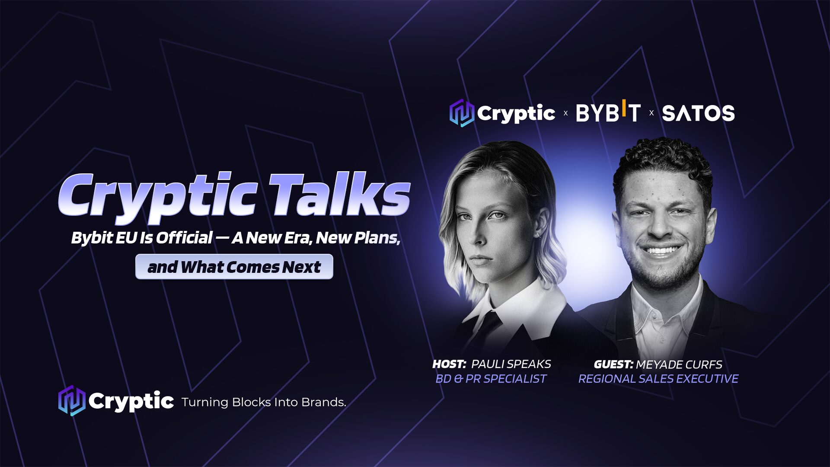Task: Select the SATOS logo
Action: click(698, 113)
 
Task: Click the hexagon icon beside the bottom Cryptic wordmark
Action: click(72, 401)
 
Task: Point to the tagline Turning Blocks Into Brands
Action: click(264, 402)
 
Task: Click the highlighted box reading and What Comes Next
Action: click(234, 267)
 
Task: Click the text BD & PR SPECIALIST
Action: click(491, 379)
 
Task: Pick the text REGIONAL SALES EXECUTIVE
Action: click(658, 379)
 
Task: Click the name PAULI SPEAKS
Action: click(511, 364)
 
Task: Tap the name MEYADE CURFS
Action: click(679, 365)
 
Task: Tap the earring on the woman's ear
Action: click(537, 235)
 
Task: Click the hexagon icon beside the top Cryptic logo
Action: click(462, 113)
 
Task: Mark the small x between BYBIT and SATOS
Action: click(651, 113)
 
